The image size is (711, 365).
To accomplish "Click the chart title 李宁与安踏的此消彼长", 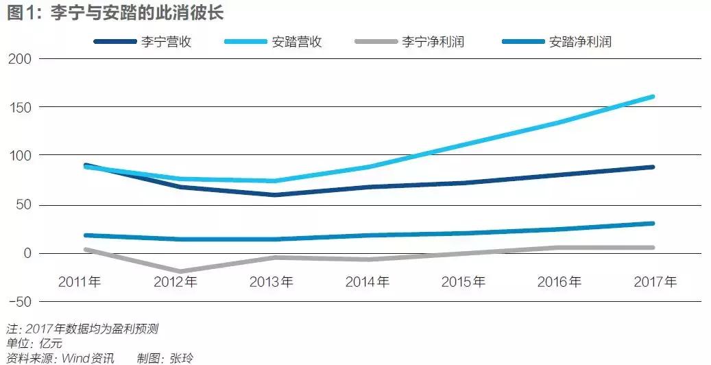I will pyautogui.click(x=137, y=14).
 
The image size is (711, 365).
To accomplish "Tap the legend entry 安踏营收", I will pyautogui.click(x=297, y=42).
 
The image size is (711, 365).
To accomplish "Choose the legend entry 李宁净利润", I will pyautogui.click(x=433, y=42).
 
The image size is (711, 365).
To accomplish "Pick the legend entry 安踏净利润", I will pyautogui.click(x=580, y=42).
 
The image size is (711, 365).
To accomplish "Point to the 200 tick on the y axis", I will pyautogui.click(x=20, y=58).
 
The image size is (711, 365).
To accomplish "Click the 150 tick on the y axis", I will pyautogui.click(x=20, y=107).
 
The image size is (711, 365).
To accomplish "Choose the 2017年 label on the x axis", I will pyautogui.click(x=654, y=281).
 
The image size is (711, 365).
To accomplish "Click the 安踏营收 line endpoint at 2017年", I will pyautogui.click(x=652, y=97).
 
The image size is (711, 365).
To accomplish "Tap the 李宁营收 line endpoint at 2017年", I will pyautogui.click(x=652, y=167).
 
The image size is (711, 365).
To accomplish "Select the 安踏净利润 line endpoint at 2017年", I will pyautogui.click(x=652, y=223).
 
